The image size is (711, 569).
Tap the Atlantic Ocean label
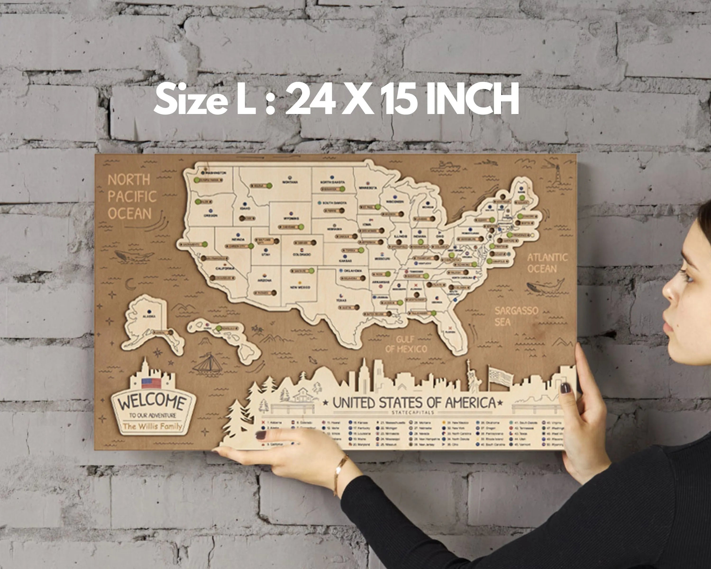pos(547,263)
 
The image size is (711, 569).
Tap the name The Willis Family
pos(152,426)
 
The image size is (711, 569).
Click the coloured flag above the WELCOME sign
pos(151,383)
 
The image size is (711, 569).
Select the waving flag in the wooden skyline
pos(500,376)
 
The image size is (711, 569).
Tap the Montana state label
pos(290,182)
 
